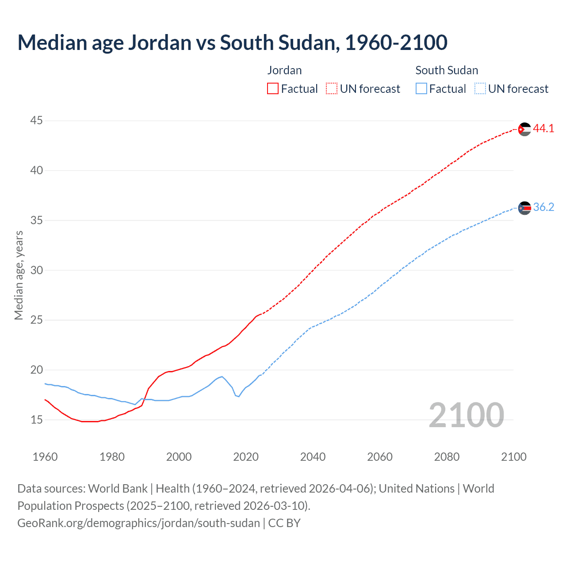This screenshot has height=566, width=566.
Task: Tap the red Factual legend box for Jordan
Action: (x=273, y=89)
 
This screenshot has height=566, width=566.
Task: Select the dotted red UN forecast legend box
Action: (x=332, y=89)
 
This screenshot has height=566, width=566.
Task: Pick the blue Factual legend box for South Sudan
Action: (x=421, y=89)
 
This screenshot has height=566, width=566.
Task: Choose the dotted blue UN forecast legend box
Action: (x=480, y=89)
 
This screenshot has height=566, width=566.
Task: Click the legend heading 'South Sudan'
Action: (x=447, y=70)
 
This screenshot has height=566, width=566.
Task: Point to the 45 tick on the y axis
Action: (x=37, y=121)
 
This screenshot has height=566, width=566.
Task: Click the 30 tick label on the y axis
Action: (x=37, y=270)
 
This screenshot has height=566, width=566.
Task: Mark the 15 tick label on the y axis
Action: (x=37, y=420)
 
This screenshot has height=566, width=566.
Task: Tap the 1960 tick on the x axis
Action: (x=45, y=457)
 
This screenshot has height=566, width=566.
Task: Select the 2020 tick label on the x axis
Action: (x=246, y=457)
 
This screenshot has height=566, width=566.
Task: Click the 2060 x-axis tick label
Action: (x=380, y=457)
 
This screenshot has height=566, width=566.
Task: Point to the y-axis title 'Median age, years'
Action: (x=19, y=275)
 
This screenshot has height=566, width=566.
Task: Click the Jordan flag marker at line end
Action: (x=524, y=129)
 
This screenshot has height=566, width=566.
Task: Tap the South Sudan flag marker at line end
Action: (x=524, y=208)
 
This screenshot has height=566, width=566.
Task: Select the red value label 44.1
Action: (x=543, y=129)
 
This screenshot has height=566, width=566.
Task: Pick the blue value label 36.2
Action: (x=543, y=207)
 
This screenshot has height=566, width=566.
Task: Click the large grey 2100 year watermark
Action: (x=466, y=415)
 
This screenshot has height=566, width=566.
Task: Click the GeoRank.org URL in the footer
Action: (x=138, y=523)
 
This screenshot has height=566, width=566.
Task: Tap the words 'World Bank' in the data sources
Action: (x=118, y=489)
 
